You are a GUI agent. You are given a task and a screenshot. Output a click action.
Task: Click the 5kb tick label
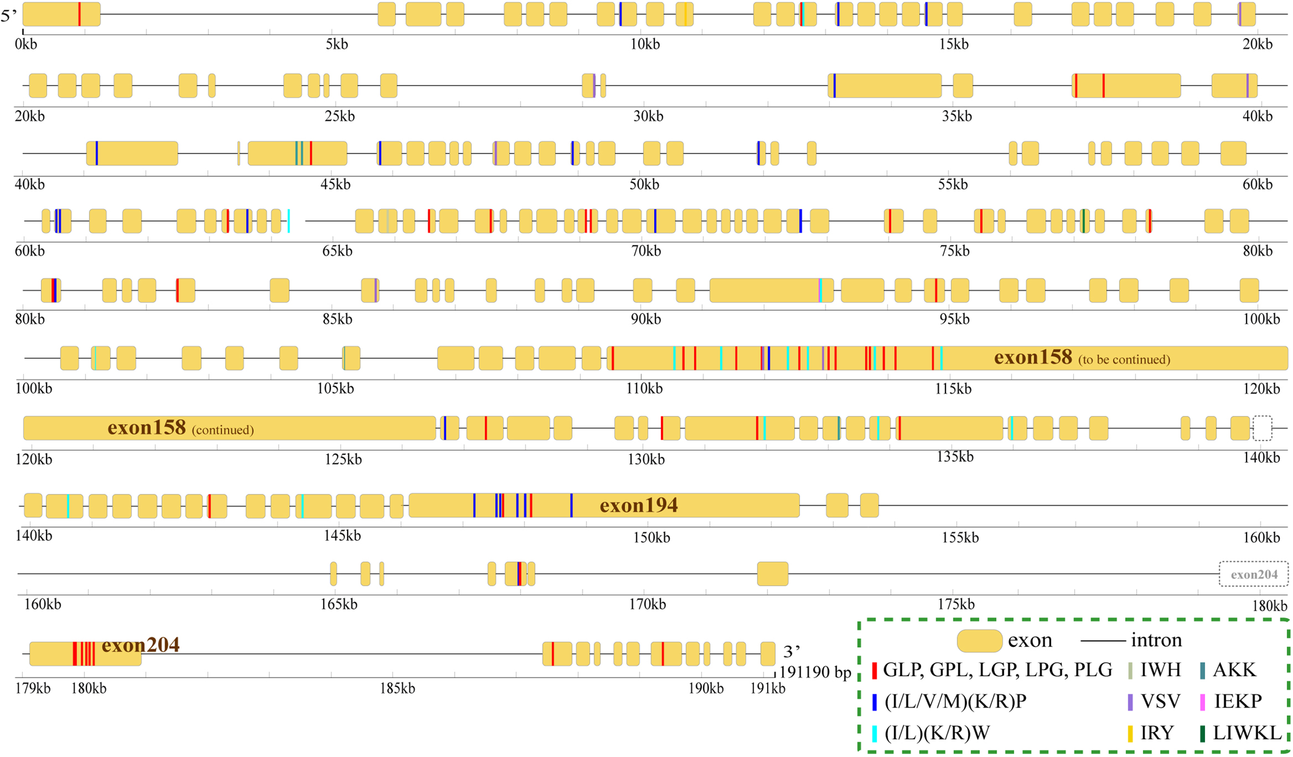coord(337,44)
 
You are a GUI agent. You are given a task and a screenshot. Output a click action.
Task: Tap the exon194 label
coord(639,506)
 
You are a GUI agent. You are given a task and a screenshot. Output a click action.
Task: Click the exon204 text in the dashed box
coord(1254,574)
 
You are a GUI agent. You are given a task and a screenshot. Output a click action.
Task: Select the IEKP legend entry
coord(1237,701)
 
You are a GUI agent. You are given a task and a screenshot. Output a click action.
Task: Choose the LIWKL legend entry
coord(1246,733)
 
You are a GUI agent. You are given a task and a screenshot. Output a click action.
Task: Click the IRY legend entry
coord(1157,733)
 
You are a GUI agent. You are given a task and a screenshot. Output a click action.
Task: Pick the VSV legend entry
coord(1160,701)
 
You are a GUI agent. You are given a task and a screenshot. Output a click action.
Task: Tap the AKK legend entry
coord(1234,670)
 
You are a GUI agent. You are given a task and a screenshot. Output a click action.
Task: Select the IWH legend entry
coord(1161,670)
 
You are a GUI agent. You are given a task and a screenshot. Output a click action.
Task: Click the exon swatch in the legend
coord(979,641)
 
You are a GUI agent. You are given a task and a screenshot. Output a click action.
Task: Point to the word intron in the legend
coord(1156,640)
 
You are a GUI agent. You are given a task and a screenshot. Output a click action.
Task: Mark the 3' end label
coord(792,651)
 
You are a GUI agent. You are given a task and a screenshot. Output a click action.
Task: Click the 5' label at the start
coord(9,16)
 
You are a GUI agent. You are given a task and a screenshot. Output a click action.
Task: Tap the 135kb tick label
coord(955,457)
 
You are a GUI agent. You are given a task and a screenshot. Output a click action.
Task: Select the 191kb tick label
coord(768,688)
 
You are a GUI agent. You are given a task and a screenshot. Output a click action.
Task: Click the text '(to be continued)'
coord(1124,359)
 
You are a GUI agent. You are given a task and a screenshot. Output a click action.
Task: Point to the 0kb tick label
coord(26,44)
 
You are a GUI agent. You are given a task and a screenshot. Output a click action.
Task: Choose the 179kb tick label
coord(33,688)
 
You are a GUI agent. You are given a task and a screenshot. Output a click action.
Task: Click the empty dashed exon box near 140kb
coord(1262,428)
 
